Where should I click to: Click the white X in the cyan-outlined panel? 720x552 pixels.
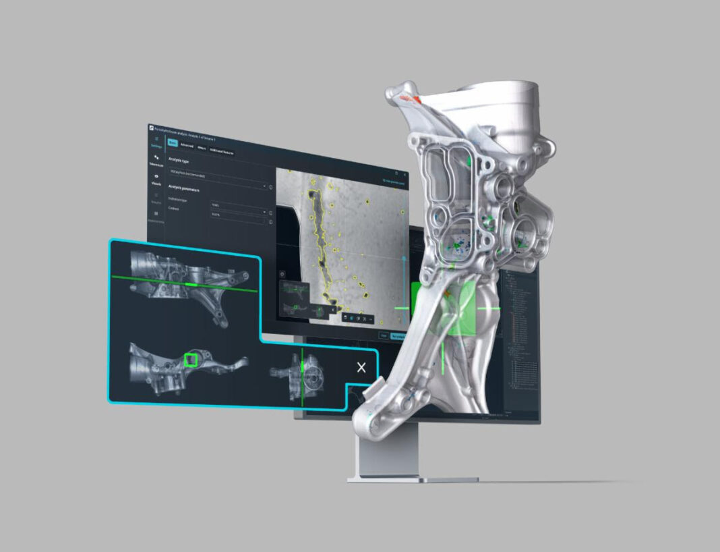pyautogui.click(x=361, y=367)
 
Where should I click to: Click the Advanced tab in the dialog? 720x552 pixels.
pyautogui.click(x=187, y=146)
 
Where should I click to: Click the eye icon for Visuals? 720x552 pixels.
pyautogui.click(x=156, y=177)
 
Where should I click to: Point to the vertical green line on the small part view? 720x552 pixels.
pyautogui.click(x=303, y=378)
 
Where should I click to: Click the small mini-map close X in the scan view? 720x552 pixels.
pyautogui.click(x=332, y=310)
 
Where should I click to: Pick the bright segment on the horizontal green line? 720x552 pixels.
pyautogui.click(x=191, y=285)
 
